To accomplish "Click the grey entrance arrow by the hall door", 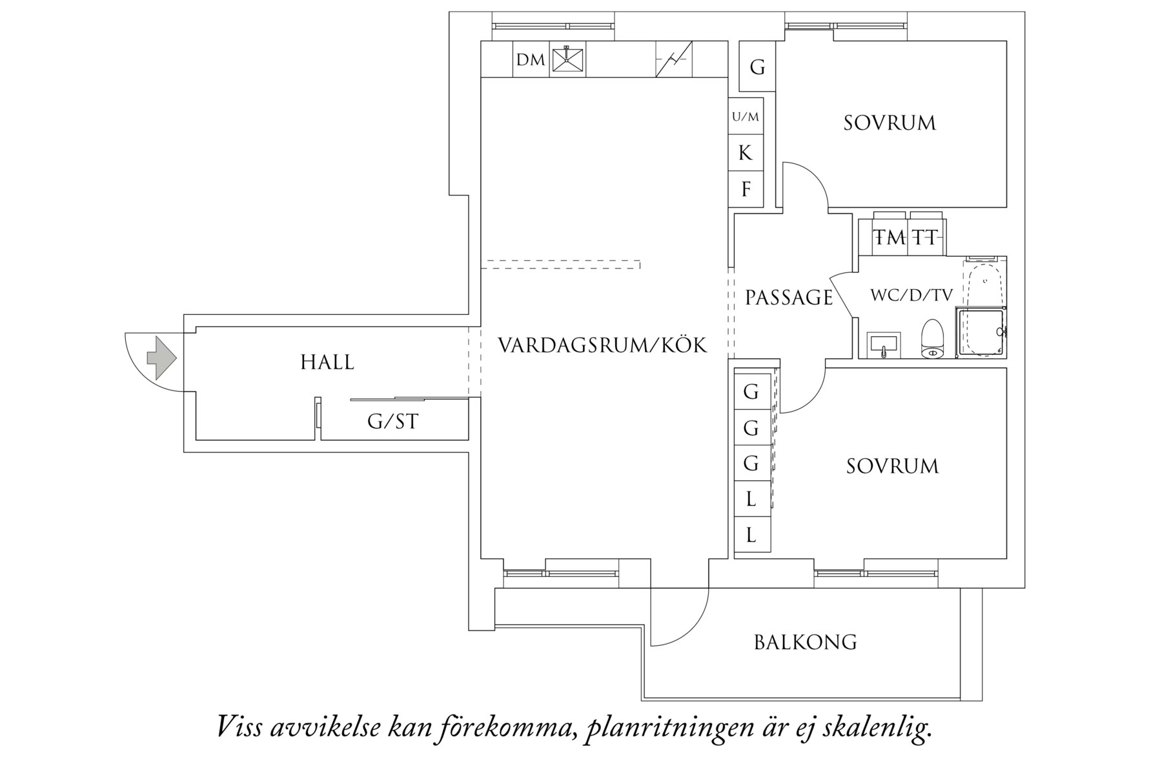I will click(161, 357).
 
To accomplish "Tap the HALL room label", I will click(327, 363).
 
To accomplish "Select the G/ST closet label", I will click(392, 422).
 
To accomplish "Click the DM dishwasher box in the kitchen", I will click(531, 60).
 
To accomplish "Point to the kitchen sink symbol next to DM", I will click(567, 60).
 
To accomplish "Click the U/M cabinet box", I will click(746, 117).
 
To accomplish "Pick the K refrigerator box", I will click(746, 153).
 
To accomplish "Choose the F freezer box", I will click(746, 190).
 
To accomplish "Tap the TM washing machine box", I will click(890, 237).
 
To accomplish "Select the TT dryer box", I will click(925, 237).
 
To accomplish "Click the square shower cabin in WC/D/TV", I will click(980, 332).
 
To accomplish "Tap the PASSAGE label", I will click(789, 297).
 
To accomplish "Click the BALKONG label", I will click(805, 643).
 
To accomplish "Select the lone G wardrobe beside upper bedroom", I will click(757, 66).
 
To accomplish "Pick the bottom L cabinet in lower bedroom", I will click(751, 535).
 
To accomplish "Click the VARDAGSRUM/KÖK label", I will click(602, 345).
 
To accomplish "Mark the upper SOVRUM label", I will click(889, 123).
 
